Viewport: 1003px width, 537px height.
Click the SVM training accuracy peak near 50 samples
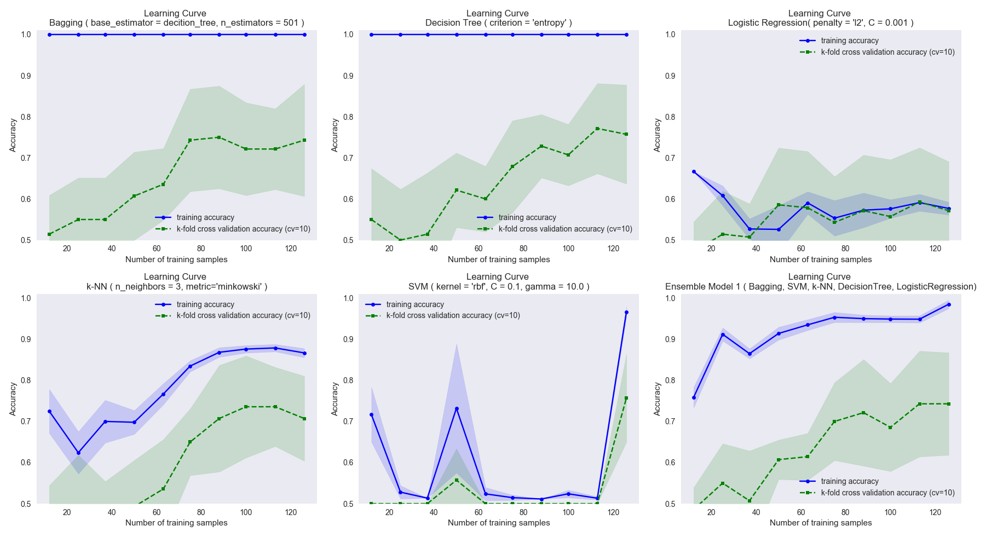point(457,408)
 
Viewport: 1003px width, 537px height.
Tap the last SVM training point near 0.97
point(626,312)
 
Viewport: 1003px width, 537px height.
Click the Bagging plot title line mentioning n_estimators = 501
point(176,23)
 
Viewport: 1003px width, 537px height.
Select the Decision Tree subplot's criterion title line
point(498,23)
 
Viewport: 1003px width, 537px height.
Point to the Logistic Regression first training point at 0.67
point(694,171)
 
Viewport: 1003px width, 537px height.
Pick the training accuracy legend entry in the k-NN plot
point(205,304)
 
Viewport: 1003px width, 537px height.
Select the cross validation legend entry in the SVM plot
point(453,315)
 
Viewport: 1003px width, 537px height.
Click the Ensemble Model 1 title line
point(820,287)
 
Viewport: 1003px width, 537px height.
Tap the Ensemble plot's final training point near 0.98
point(949,304)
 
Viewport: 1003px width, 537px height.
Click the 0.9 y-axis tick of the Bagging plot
point(26,76)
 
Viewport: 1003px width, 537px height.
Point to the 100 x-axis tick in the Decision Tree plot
point(568,249)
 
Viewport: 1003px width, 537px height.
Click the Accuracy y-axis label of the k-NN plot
point(13,399)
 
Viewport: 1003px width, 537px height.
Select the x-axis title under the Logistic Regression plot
point(820,259)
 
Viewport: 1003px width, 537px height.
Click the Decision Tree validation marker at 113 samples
point(597,129)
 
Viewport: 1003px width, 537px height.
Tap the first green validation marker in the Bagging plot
point(49,234)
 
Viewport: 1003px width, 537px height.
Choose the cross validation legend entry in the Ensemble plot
point(887,493)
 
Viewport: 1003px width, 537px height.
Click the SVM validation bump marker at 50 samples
point(457,480)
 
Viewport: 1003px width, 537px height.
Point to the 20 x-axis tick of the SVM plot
point(389,512)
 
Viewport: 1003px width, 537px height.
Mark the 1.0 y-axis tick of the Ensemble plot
point(670,298)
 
